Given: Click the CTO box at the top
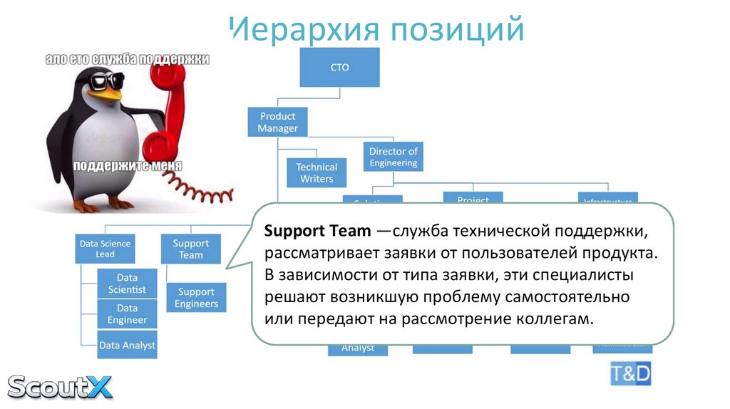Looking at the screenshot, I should point(339,68).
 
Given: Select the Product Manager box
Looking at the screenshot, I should point(277,123).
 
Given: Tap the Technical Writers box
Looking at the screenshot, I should point(316,172).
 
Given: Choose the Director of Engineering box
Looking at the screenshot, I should point(393,157).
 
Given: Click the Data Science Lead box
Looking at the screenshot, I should point(105,249).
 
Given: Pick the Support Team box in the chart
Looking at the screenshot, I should point(190,249).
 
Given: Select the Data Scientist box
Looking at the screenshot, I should point(127,283).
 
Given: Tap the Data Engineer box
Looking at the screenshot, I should point(127,314).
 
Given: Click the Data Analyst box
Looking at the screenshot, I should point(127,346).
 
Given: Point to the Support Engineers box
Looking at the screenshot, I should point(196,297).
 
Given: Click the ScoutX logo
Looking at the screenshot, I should point(60,386).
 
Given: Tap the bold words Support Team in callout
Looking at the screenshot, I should point(317,232).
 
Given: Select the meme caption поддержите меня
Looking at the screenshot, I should point(127,166).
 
